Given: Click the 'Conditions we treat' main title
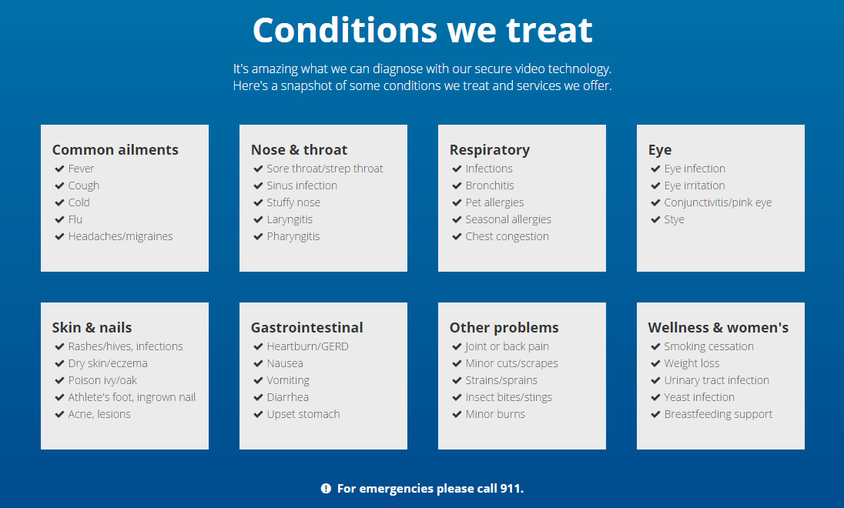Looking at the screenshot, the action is pyautogui.click(x=423, y=29).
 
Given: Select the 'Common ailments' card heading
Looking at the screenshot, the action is pyautogui.click(x=116, y=149).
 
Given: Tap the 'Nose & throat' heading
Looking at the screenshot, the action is pyautogui.click(x=299, y=149).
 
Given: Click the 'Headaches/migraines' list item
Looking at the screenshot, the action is pyautogui.click(x=121, y=236).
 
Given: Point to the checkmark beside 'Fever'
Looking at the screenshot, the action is pyautogui.click(x=59, y=169).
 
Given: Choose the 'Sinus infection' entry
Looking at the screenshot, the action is pyautogui.click(x=302, y=185).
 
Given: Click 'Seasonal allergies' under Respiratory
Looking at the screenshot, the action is pyautogui.click(x=508, y=219).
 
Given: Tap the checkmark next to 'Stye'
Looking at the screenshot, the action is pyautogui.click(x=655, y=219).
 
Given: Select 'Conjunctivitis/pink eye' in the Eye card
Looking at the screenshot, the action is pyautogui.click(x=718, y=202).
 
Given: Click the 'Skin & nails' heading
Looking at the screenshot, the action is pyautogui.click(x=92, y=327).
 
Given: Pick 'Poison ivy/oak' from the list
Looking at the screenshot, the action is pyautogui.click(x=102, y=380).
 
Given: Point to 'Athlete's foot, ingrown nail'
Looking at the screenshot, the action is pyautogui.click(x=132, y=397).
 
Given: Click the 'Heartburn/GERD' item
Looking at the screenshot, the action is pyautogui.click(x=307, y=346).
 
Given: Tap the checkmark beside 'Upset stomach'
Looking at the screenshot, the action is pyautogui.click(x=258, y=414).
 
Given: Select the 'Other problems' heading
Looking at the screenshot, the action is pyautogui.click(x=504, y=327).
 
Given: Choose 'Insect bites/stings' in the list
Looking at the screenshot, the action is pyautogui.click(x=509, y=397).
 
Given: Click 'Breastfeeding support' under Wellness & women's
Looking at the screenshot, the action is pyautogui.click(x=718, y=414).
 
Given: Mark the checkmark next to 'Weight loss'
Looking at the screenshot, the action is pyautogui.click(x=655, y=363).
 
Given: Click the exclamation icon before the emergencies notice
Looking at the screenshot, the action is pyautogui.click(x=326, y=489).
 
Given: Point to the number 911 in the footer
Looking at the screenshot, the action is pyautogui.click(x=511, y=489).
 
